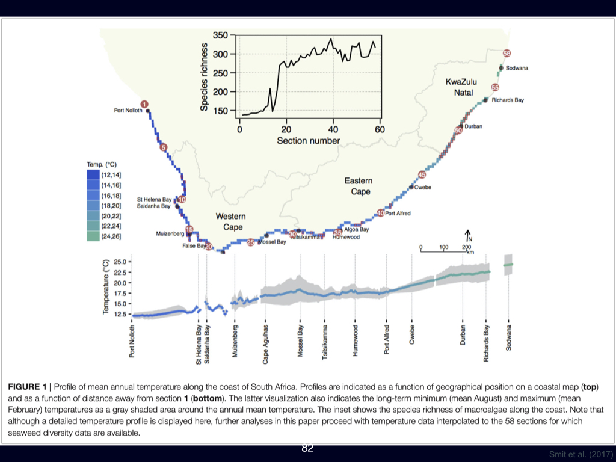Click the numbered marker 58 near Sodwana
[507, 54]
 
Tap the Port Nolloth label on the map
[128, 110]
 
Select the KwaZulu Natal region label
[460, 87]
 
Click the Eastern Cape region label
[358, 186]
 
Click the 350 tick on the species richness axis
[221, 35]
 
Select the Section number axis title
[308, 141]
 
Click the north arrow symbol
[468, 235]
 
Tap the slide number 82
[307, 448]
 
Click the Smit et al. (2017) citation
[581, 454]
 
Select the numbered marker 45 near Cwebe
[422, 174]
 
